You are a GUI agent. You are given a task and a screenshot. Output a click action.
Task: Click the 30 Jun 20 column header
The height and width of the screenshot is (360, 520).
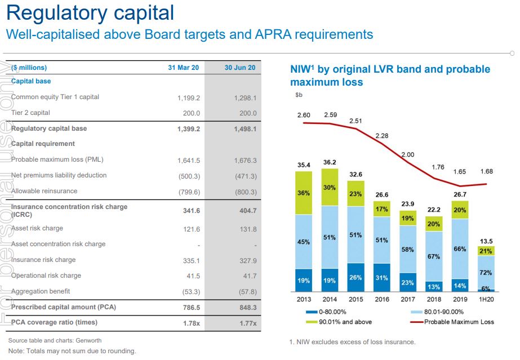tap(239, 68)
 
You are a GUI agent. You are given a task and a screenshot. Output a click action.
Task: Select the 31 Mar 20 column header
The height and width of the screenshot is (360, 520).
tap(184, 68)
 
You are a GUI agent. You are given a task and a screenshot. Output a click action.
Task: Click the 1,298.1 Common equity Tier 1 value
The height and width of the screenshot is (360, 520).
tap(245, 97)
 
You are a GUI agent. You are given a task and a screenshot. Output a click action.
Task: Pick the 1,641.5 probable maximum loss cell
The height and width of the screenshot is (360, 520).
tap(188, 160)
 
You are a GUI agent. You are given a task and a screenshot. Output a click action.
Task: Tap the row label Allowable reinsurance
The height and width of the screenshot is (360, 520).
tap(44, 191)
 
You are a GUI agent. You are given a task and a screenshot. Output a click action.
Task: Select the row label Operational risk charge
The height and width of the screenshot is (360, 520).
tap(46, 275)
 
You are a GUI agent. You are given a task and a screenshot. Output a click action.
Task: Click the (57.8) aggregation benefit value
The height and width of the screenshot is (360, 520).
tap(246, 291)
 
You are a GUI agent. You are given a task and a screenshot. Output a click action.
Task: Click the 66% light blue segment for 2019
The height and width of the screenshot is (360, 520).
tap(460, 249)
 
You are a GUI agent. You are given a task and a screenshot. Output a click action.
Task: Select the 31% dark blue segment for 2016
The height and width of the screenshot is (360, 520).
tap(381, 277)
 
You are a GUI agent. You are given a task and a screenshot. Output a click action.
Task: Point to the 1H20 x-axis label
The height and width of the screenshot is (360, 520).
tap(486, 300)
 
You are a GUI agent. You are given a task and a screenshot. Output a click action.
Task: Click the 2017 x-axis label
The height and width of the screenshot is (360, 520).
tap(408, 300)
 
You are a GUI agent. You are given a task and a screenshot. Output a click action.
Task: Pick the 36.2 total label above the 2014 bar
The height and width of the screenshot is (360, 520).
tap(330, 162)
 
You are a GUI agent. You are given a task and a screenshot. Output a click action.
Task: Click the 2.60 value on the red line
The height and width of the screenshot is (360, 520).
tap(304, 115)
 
